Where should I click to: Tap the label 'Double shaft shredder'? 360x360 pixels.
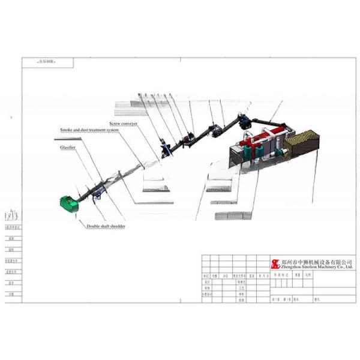coord(106,226)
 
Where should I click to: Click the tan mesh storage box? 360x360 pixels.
coord(302,144)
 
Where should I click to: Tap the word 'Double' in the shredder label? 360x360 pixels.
coord(94,226)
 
